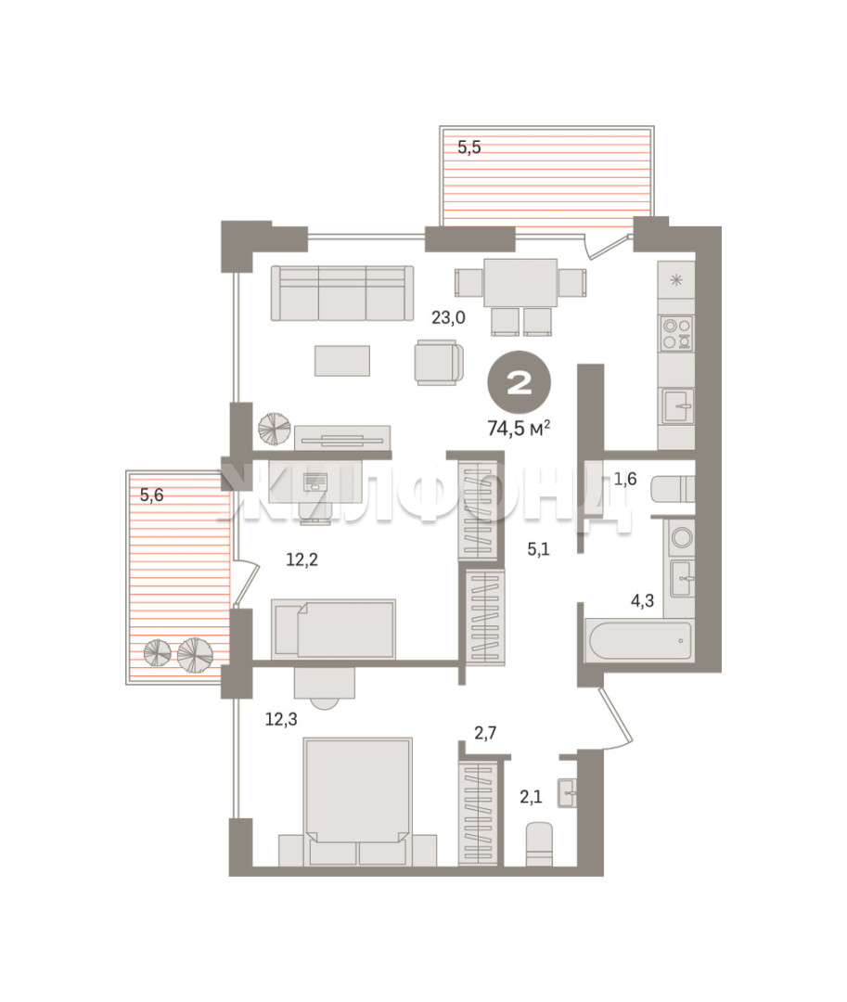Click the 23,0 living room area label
tap(448, 317)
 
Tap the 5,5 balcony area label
tap(468, 148)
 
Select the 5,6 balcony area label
tap(151, 495)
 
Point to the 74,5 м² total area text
tap(519, 428)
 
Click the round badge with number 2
tap(520, 383)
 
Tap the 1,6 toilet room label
tap(624, 479)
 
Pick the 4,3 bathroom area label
tap(642, 600)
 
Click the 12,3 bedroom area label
tap(281, 720)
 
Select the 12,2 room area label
tap(302, 559)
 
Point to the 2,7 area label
tap(485, 733)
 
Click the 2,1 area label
tap(531, 797)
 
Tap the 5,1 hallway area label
tap(538, 549)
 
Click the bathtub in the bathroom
tap(639, 640)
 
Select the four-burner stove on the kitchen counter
tap(676, 334)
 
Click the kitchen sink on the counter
tap(677, 405)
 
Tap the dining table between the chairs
tap(520, 282)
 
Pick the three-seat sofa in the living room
tap(341, 293)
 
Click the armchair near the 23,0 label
tap(438, 363)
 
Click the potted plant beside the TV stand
tap(275, 429)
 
